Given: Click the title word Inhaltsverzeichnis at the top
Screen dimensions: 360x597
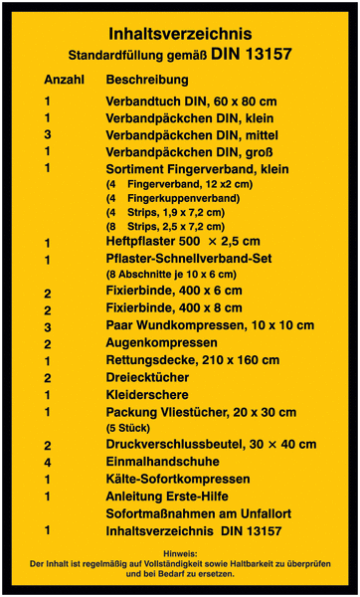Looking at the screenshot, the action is (x=180, y=34).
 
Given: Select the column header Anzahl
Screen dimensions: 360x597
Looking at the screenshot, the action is (x=63, y=79).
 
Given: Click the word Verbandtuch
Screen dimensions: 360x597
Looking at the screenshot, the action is (x=143, y=101).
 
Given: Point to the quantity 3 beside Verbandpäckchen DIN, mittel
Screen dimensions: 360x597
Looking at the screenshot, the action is (x=47, y=134).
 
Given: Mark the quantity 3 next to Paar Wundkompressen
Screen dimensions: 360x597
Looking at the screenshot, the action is (x=47, y=326).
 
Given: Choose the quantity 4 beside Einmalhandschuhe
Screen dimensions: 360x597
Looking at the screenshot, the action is (x=47, y=463).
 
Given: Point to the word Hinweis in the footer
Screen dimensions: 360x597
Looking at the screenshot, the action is (x=180, y=552).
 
